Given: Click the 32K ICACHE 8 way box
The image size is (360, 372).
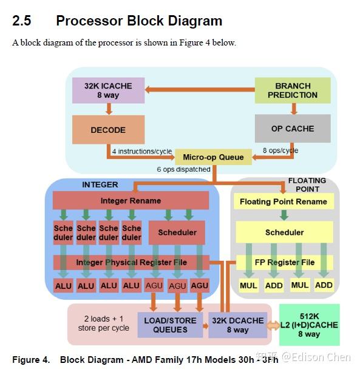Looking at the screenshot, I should tap(108, 90).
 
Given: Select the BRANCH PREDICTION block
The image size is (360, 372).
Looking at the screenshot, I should tap(292, 90).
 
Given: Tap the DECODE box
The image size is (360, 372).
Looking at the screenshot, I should tap(108, 129).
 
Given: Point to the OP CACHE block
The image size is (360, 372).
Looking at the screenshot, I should tap(292, 128).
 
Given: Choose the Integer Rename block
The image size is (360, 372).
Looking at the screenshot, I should tap(131, 200).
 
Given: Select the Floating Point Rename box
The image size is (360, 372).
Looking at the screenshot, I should tap(283, 201).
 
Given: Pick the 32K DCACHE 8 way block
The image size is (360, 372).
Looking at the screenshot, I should tap(237, 325).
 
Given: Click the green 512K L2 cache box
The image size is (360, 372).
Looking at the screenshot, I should tap(309, 325).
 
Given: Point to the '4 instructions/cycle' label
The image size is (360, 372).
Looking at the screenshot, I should tap(140, 150).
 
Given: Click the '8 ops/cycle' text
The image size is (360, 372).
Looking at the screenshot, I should tap(280, 150).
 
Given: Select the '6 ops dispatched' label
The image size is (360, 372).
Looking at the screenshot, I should tap(183, 169).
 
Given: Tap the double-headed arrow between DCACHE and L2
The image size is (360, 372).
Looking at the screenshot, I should tap(273, 325).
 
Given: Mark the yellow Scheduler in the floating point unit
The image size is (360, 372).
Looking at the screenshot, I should tap(284, 232).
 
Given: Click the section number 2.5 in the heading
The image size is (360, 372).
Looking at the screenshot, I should tap(22, 21).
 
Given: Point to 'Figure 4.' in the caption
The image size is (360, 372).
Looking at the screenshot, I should tap(30, 359).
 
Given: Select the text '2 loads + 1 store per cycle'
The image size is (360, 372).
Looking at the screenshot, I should tap(104, 324).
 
